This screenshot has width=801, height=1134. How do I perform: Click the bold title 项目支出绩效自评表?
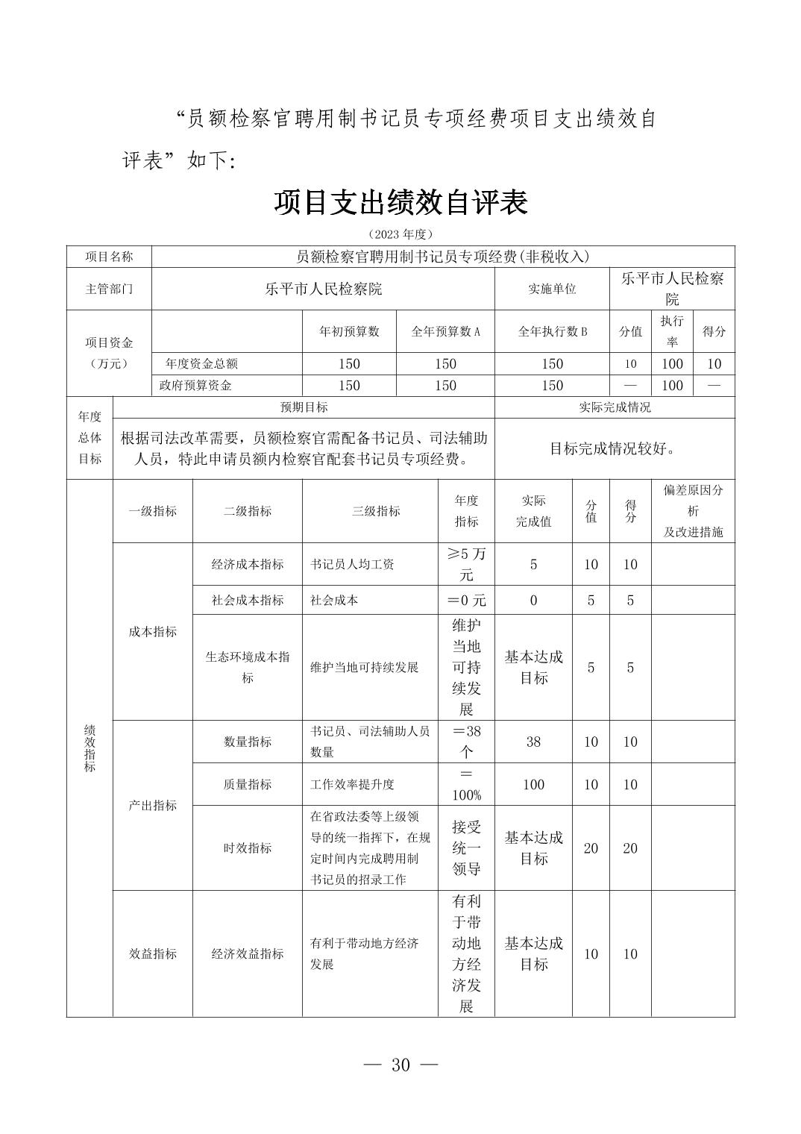pyautogui.click(x=400, y=203)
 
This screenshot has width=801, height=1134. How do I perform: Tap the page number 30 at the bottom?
pyautogui.click(x=400, y=1065)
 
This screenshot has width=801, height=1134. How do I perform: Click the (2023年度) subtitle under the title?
pyautogui.click(x=400, y=234)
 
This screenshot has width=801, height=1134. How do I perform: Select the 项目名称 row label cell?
pyautogui.click(x=109, y=257)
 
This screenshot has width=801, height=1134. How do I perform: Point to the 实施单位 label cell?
pyautogui.click(x=552, y=289)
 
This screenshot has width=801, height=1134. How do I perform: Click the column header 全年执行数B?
pyautogui.click(x=552, y=331)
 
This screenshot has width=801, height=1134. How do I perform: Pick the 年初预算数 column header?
pyautogui.click(x=349, y=331)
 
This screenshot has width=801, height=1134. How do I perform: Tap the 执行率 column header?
pyautogui.click(x=672, y=331)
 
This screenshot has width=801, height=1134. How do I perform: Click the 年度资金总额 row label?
pyautogui.click(x=201, y=364)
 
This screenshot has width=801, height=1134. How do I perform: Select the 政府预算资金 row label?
pyautogui.click(x=195, y=386)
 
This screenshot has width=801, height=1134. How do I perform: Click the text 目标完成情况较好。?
pyautogui.click(x=613, y=448)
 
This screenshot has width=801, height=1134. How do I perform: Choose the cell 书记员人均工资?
pyautogui.click(x=352, y=565)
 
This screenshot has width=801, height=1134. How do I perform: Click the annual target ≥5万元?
pyautogui.click(x=466, y=564)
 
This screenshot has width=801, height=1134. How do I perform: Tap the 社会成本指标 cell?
pyautogui.click(x=248, y=600)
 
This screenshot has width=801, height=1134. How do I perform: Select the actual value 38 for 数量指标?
pyautogui.click(x=533, y=742)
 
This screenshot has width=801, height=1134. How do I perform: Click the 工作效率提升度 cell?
pyautogui.click(x=352, y=784)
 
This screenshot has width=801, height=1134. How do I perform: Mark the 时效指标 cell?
pyautogui.click(x=248, y=848)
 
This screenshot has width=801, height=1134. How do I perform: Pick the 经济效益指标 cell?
pyautogui.click(x=248, y=953)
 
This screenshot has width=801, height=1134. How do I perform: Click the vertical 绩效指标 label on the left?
pyautogui.click(x=89, y=748)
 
